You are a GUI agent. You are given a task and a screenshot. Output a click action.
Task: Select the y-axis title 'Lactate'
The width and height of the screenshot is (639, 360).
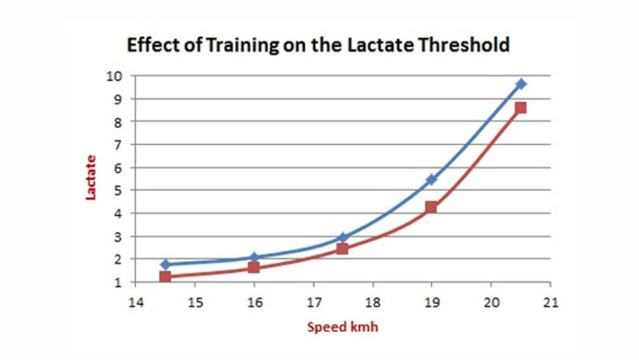90,178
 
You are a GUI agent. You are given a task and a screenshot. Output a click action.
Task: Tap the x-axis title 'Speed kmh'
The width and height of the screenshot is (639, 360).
341,328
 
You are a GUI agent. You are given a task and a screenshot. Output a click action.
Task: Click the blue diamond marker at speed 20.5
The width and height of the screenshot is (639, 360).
521,83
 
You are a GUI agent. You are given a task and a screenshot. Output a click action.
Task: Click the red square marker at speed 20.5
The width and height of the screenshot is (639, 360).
521,108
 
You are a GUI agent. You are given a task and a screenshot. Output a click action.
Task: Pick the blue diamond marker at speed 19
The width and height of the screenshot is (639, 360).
431,179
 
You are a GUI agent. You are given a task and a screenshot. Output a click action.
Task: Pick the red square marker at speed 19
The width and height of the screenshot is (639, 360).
431,207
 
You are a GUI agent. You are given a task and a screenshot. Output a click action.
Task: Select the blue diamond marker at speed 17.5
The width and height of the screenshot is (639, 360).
342,238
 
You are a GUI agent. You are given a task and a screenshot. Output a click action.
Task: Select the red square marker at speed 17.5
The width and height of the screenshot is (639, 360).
342,248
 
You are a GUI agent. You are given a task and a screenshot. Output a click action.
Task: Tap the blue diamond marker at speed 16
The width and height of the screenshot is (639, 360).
254,257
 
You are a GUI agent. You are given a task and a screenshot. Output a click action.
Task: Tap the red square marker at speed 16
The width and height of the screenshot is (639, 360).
254,267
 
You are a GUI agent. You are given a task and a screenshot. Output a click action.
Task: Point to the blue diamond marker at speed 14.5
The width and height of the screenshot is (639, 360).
165,264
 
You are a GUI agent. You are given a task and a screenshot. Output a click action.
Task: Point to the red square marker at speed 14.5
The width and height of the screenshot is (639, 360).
165,277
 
